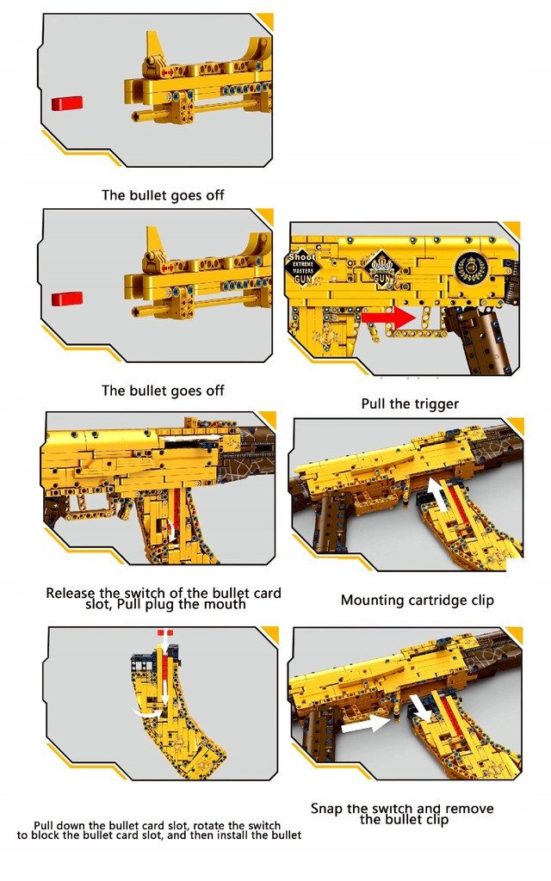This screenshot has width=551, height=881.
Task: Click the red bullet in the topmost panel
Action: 66,103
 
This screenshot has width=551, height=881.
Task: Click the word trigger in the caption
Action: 435,404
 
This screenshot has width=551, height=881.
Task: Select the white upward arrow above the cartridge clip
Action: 436,494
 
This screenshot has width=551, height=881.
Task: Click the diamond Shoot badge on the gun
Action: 303,267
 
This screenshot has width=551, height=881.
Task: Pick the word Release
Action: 71,593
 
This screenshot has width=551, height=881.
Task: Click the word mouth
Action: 225,604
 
